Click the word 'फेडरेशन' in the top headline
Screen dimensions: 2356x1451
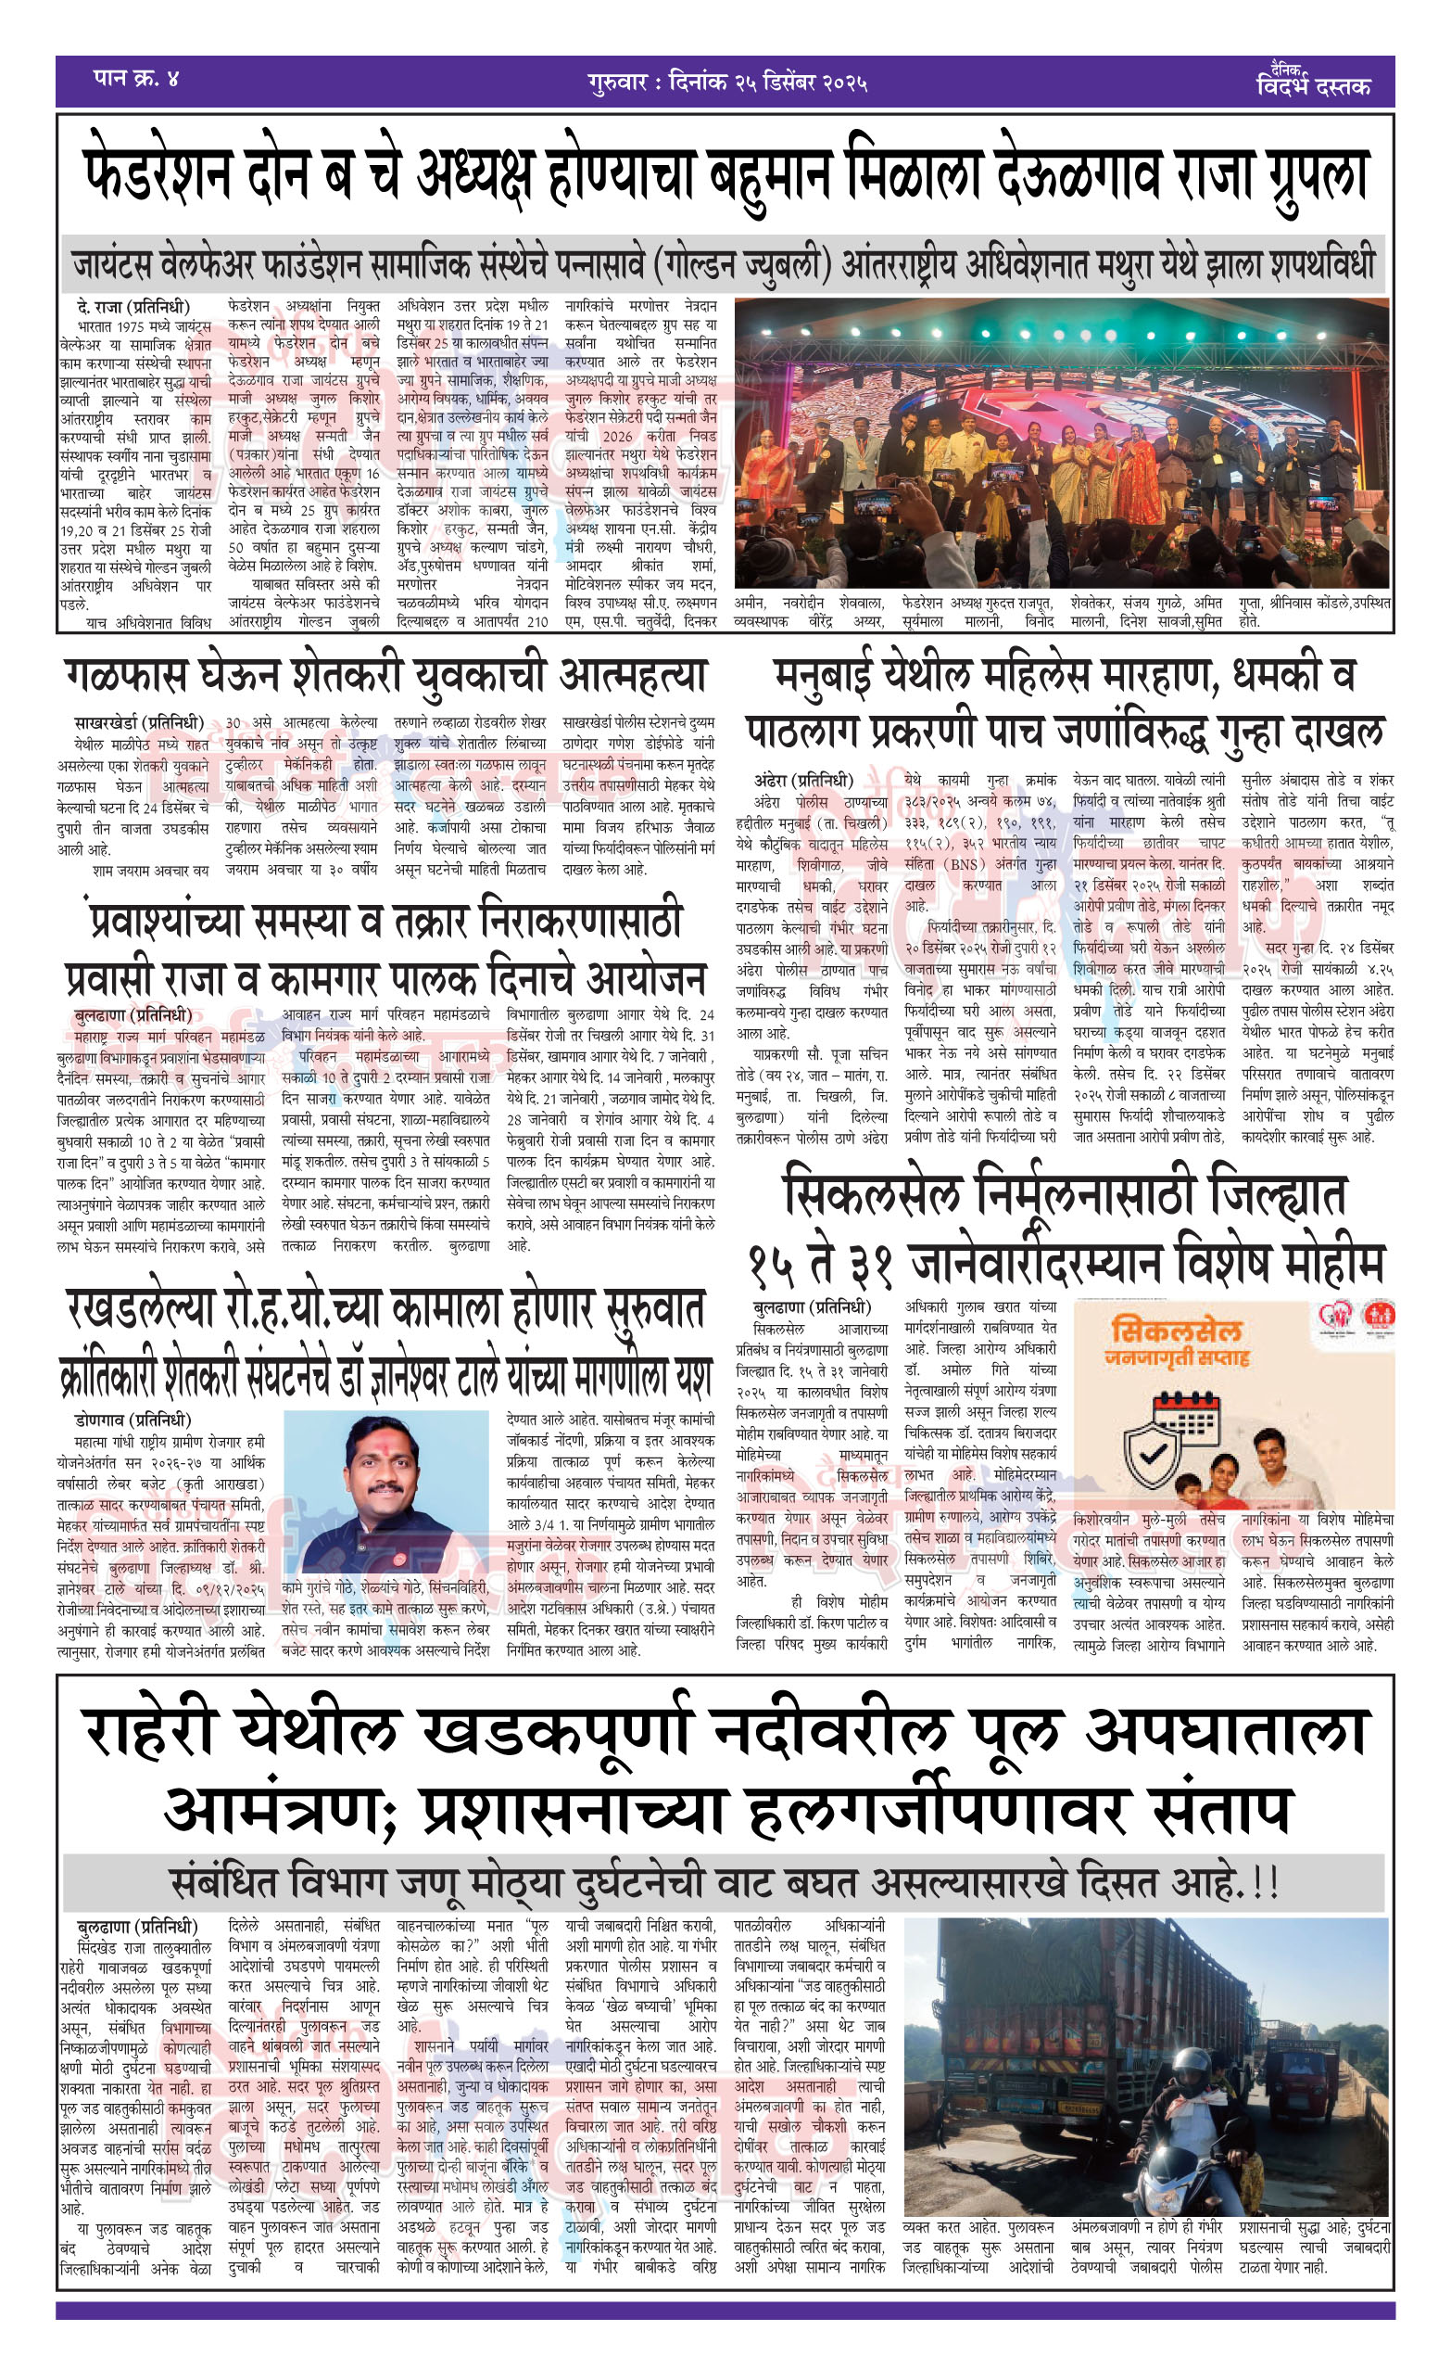click(158, 175)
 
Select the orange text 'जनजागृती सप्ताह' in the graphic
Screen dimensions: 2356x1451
click(1177, 1357)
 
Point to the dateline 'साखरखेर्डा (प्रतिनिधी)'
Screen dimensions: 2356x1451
click(139, 723)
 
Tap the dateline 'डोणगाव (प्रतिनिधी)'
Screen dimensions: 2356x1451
click(132, 1420)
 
